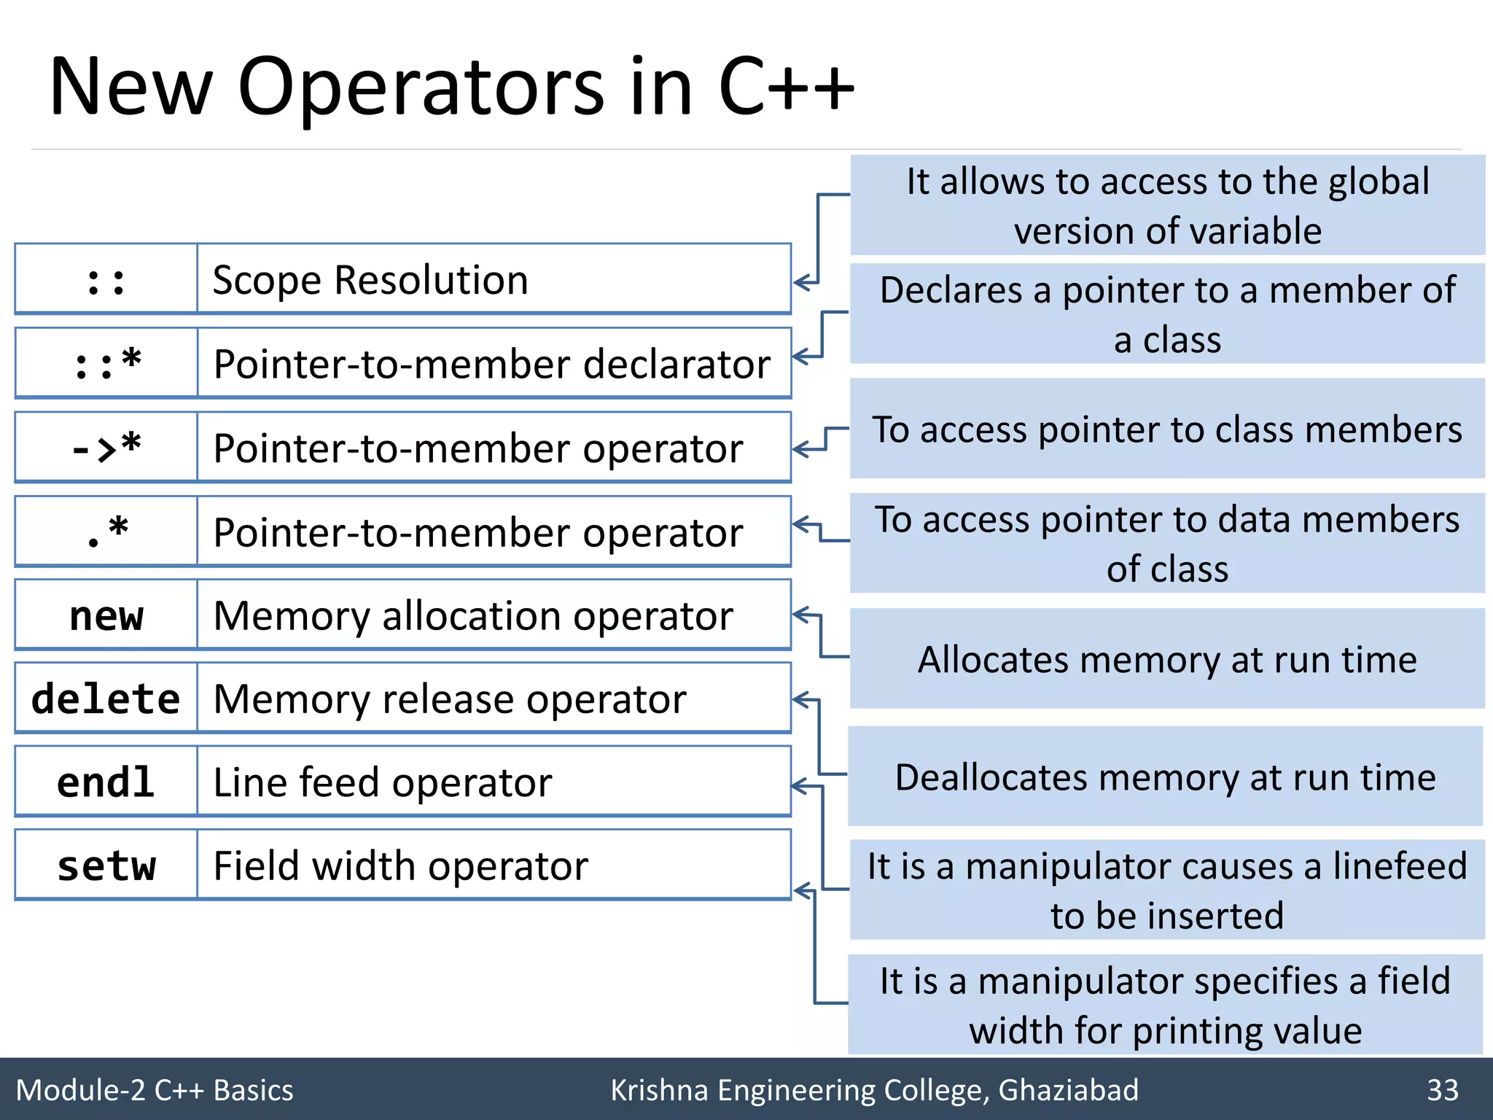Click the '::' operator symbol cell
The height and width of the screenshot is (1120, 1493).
click(106, 280)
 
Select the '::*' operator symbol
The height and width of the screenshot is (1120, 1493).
click(107, 363)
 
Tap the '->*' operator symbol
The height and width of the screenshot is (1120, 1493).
click(106, 447)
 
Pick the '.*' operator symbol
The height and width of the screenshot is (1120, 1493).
click(106, 532)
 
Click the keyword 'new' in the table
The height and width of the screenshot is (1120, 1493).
click(106, 615)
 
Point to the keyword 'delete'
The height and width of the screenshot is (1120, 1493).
click(106, 699)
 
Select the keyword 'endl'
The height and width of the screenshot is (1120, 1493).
click(106, 782)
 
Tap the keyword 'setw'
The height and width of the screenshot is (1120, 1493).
click(106, 866)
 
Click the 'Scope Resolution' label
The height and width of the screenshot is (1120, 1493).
click(370, 280)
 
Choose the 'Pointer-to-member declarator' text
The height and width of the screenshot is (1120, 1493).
click(492, 363)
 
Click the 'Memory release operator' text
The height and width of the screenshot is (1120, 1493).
click(450, 699)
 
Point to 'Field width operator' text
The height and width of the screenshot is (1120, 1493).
click(400, 866)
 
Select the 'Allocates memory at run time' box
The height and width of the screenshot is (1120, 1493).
click(1167, 659)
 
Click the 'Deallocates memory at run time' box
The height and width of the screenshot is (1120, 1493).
click(1165, 777)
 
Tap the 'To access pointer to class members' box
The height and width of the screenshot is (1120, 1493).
click(1167, 429)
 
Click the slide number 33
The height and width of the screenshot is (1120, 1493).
click(1442, 1090)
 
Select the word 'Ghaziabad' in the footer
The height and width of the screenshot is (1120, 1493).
click(1068, 1090)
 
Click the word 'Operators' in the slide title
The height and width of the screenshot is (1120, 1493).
click(421, 87)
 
